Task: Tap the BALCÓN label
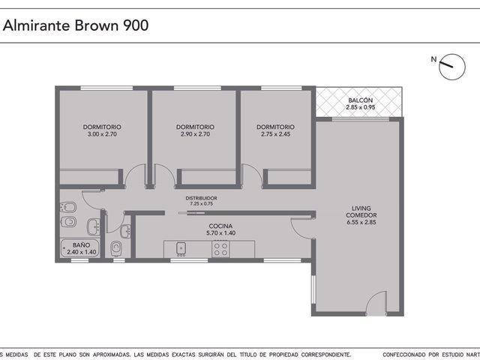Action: (360, 100)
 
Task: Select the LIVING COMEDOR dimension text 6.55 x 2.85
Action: (361, 222)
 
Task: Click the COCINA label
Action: (220, 226)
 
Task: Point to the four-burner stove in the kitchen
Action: (220, 249)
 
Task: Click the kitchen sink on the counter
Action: (181, 249)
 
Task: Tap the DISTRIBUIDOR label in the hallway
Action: (201, 198)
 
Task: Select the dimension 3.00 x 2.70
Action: (102, 134)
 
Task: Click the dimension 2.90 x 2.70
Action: (195, 134)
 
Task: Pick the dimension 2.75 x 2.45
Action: (275, 134)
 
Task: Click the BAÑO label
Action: (81, 245)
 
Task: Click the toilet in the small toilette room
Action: (115, 247)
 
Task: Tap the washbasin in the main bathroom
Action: (94, 226)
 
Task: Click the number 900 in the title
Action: (136, 25)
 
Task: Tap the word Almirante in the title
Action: (37, 25)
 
